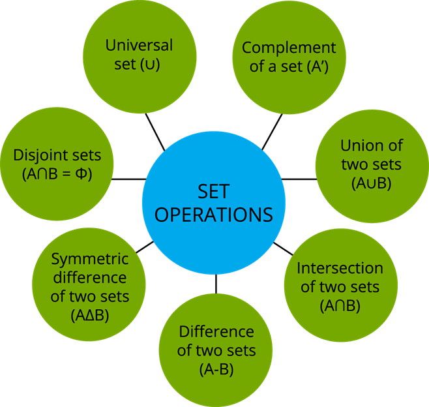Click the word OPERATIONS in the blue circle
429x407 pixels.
point(214,215)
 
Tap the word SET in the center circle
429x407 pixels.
point(214,190)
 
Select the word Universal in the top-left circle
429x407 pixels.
point(140,46)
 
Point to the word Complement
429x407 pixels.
point(289,48)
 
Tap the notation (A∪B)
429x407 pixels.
point(371,183)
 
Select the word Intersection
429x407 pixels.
point(340,268)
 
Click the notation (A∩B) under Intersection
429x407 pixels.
point(340,305)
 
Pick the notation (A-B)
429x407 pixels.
point(217,369)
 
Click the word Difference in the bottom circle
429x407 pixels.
point(217,331)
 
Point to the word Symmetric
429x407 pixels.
point(90,259)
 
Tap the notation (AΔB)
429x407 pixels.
point(90,315)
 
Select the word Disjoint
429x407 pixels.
point(39,157)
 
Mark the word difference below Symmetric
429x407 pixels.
point(90,278)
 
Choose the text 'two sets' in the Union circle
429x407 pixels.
point(371,164)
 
